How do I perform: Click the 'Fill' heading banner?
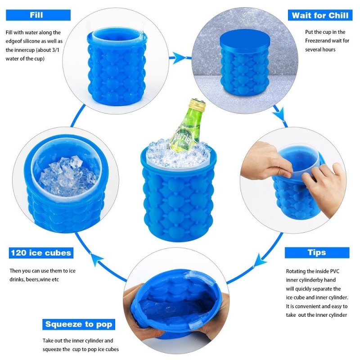(x=38, y=15)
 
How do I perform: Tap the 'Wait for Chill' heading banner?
(x=320, y=15)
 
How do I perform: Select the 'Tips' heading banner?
(x=317, y=252)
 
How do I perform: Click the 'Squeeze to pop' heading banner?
(x=78, y=324)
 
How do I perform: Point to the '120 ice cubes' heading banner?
(x=41, y=253)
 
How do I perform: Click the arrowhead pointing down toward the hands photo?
(x=279, y=113)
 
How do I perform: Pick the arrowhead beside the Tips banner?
(x=260, y=260)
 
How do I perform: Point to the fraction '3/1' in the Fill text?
(x=55, y=50)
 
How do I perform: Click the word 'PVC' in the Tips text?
(x=335, y=271)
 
